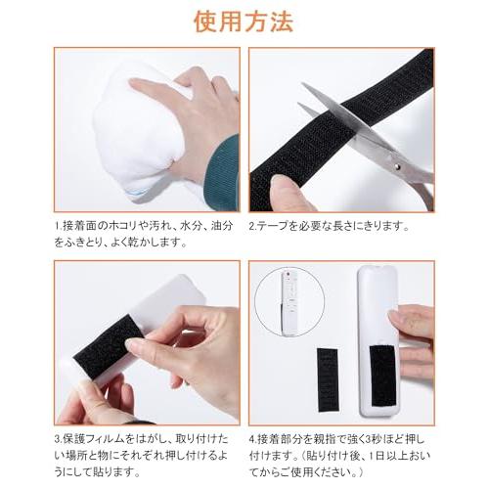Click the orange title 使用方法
coord(244,21)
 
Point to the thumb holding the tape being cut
coord(289,192)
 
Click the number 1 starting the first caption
coord(58,226)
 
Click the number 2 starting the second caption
coord(253,226)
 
